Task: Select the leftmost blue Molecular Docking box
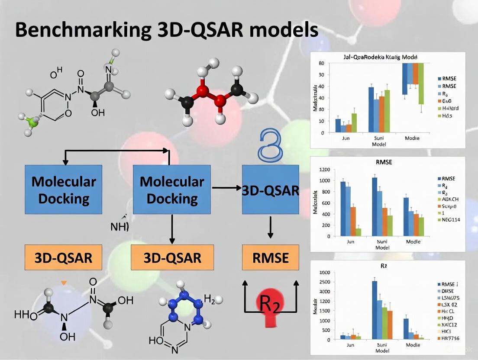(64, 189)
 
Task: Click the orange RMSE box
(270, 258)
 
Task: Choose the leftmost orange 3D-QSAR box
(64, 258)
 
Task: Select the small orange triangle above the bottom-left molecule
(64, 283)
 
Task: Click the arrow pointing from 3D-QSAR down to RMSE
(270, 227)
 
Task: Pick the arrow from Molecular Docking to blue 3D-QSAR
(226, 188)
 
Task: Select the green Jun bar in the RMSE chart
(358, 231)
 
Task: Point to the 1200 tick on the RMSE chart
(324, 169)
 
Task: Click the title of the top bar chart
(388, 57)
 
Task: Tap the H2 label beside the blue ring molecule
(209, 299)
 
